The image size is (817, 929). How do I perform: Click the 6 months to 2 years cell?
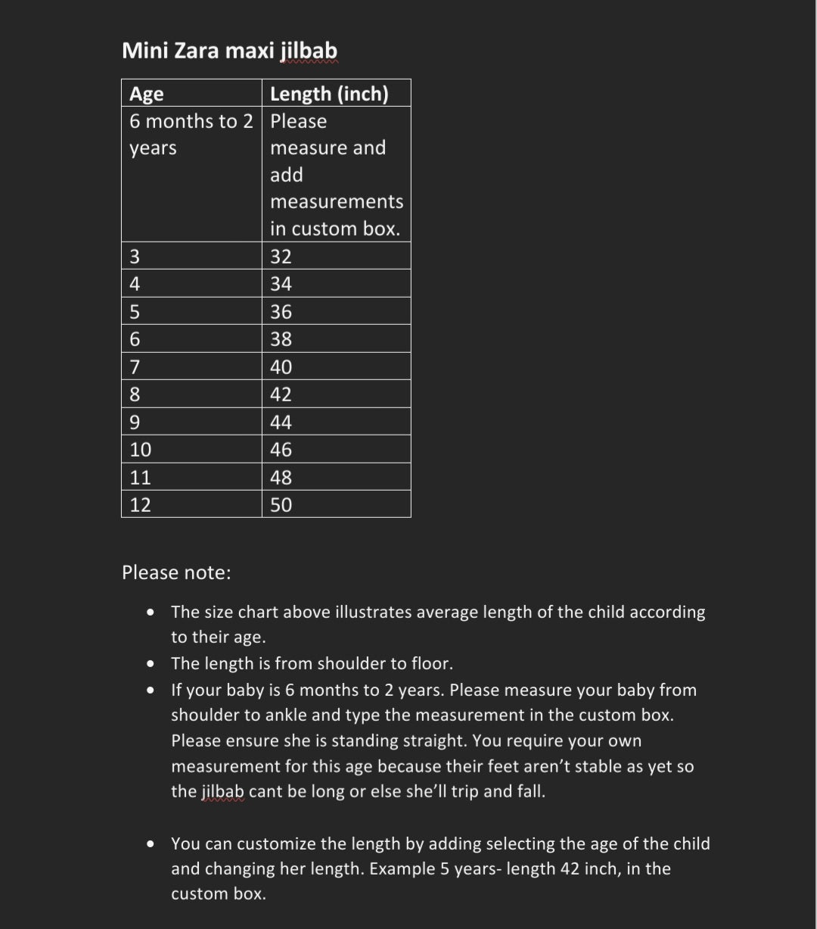tap(191, 135)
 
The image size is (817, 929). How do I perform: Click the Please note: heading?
tap(176, 572)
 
